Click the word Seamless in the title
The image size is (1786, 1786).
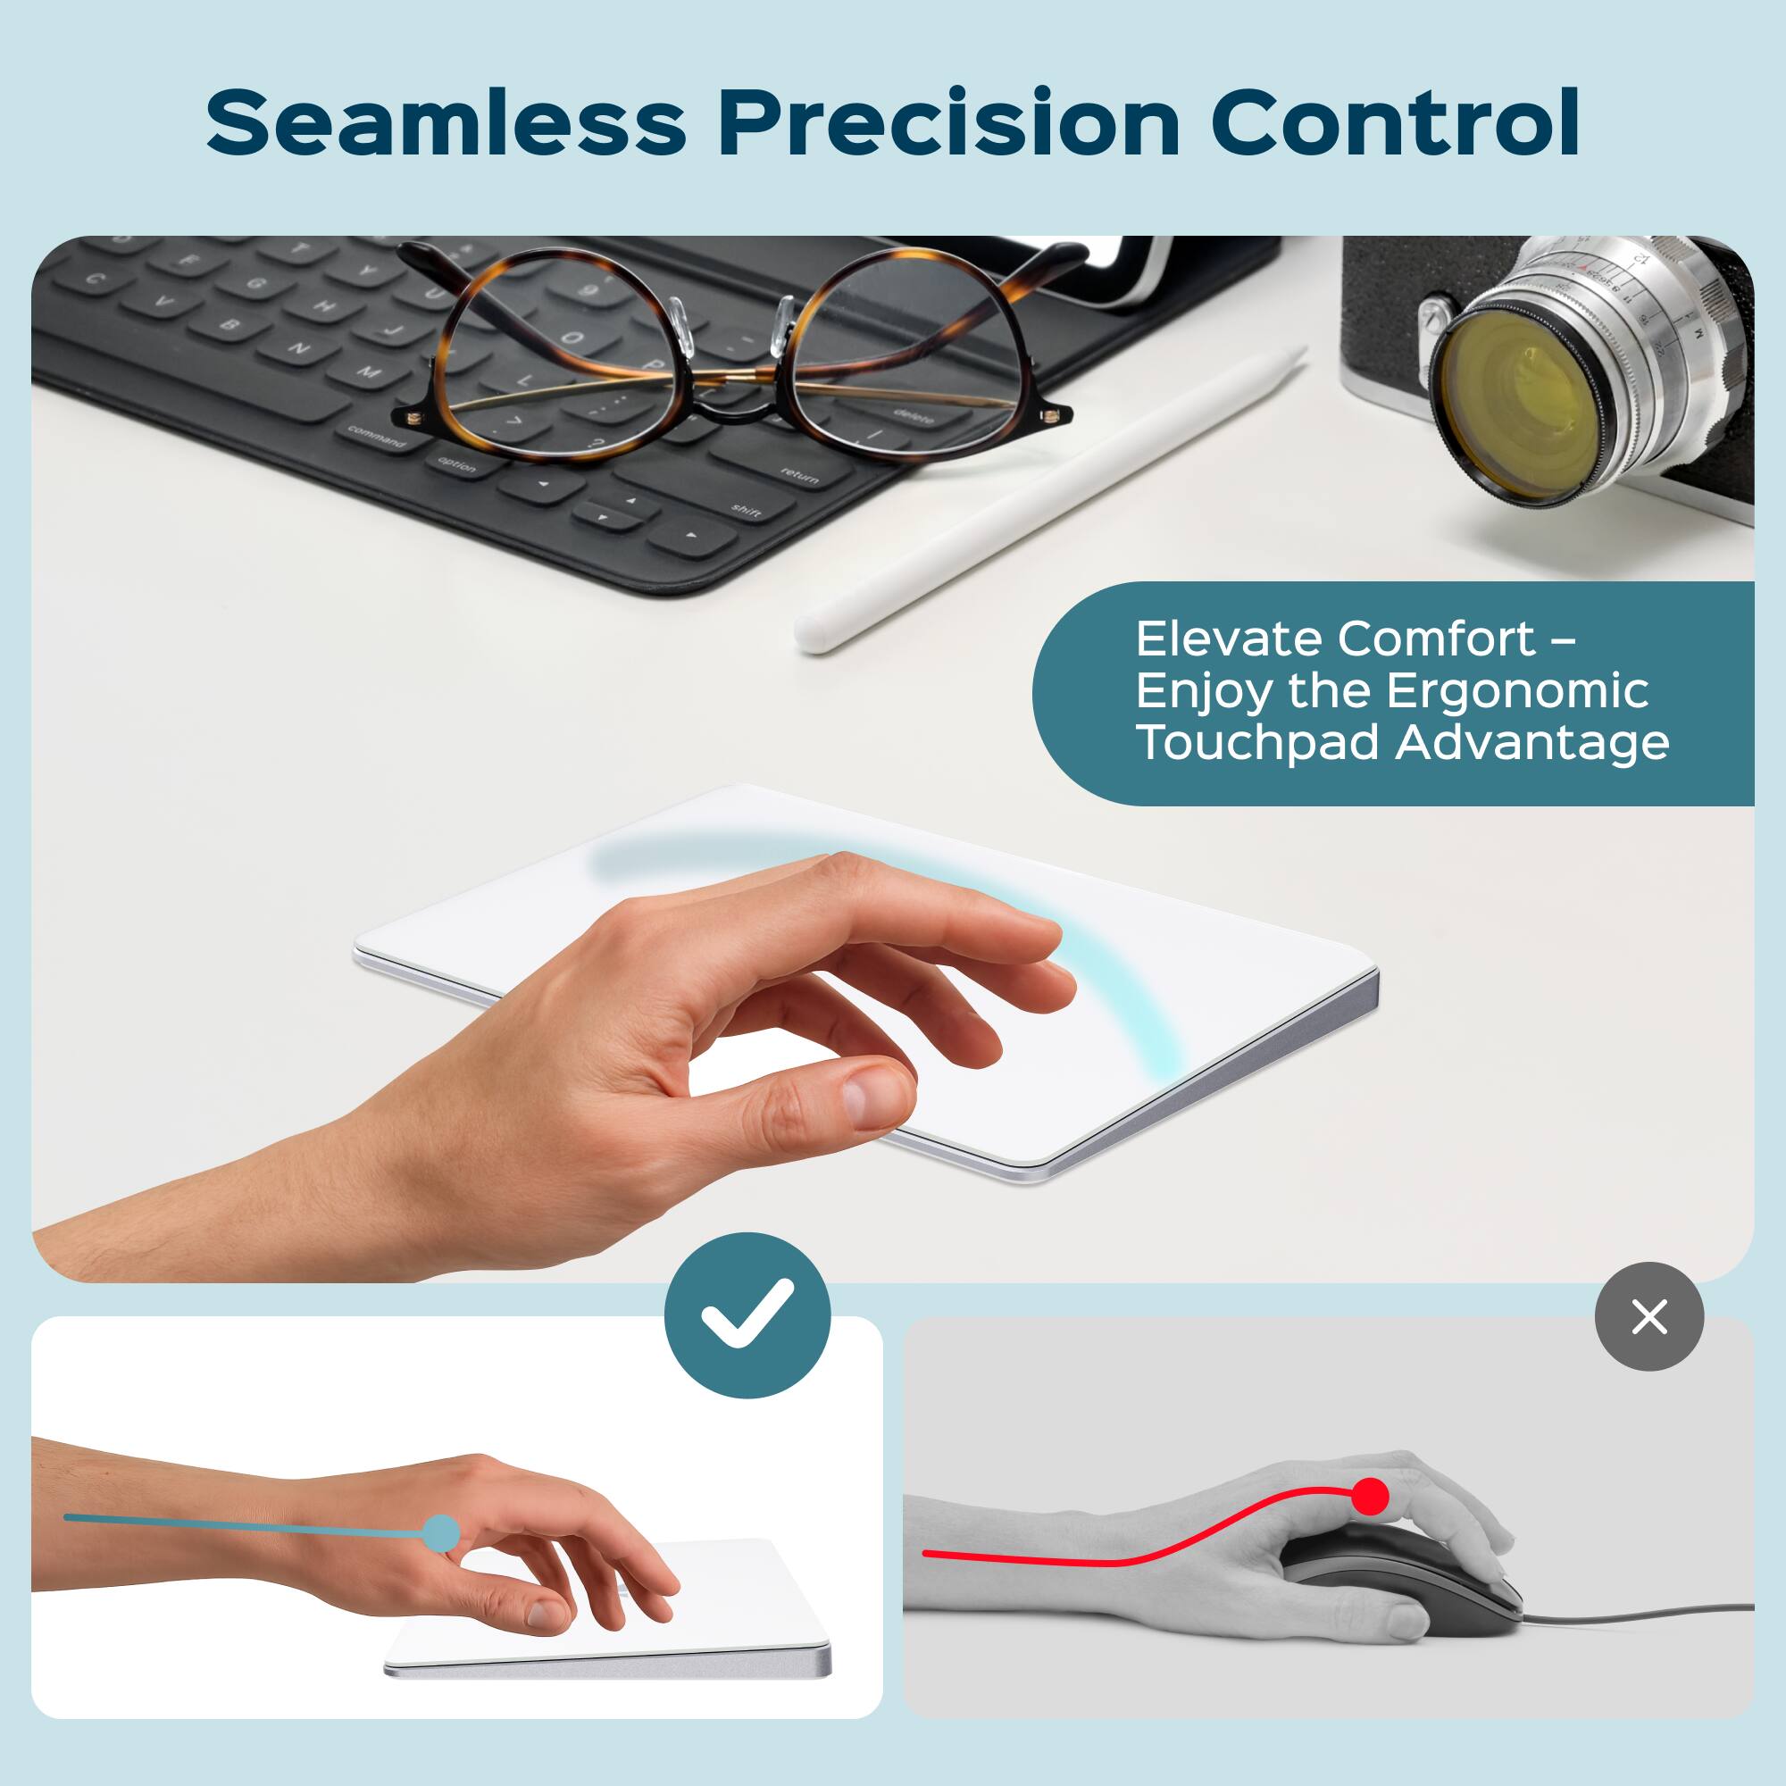(445, 123)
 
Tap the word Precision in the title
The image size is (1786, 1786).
(948, 123)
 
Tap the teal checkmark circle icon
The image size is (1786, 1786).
(747, 1314)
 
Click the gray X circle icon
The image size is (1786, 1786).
(1649, 1316)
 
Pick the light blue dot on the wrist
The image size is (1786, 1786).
(441, 1532)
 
